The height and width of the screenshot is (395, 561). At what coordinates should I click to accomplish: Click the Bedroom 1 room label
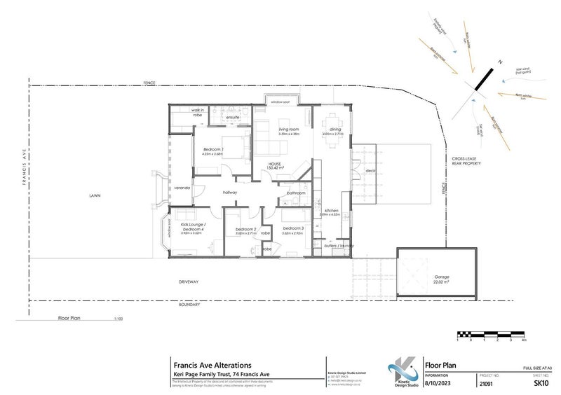[x=214, y=151]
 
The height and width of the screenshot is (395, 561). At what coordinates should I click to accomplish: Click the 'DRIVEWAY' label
[x=189, y=282]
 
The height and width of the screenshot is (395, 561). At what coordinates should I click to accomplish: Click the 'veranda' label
[x=182, y=188]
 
